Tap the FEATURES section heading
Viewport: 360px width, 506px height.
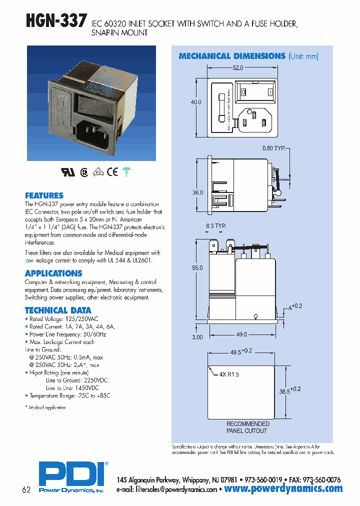click(44, 195)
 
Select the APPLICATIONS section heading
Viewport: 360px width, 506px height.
click(53, 273)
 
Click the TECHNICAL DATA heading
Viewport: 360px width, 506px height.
click(58, 310)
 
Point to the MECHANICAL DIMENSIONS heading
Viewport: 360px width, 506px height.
click(232, 56)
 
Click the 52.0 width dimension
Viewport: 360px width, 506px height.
click(237, 67)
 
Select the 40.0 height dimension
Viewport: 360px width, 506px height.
click(196, 101)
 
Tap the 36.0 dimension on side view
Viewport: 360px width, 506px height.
click(198, 192)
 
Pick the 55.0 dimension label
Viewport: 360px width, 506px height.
click(197, 268)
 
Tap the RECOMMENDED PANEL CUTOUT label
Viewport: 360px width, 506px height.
click(247, 427)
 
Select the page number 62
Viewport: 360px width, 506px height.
click(26, 489)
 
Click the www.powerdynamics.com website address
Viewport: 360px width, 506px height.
click(283, 488)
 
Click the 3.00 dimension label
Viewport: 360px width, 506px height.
click(197, 337)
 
